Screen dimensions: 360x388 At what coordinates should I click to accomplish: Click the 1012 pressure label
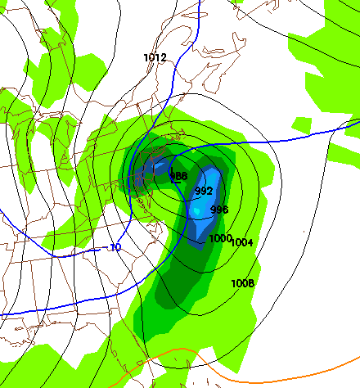pos(155,57)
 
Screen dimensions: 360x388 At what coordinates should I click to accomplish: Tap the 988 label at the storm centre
pos(179,175)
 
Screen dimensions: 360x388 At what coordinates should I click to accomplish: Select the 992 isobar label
pos(205,191)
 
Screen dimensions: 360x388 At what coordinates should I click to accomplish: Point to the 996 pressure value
pos(219,210)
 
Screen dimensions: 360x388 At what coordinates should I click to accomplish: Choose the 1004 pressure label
pos(242,242)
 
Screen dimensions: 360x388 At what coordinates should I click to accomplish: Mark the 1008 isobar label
pos(243,283)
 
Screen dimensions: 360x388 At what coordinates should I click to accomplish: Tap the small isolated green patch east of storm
pos(301,124)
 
